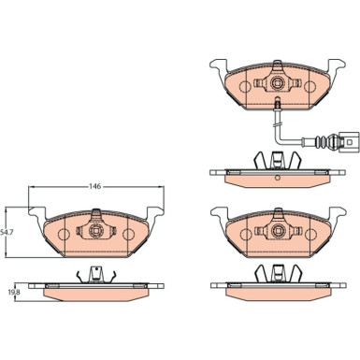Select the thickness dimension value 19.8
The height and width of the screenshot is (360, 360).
(x=13, y=292)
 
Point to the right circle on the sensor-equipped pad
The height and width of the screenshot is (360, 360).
(x=311, y=86)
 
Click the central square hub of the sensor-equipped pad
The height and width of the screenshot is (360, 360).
(x=278, y=85)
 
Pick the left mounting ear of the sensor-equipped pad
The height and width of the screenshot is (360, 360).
(x=217, y=66)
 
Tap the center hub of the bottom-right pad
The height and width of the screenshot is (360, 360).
(x=278, y=229)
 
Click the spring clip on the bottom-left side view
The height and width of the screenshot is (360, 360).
(x=94, y=274)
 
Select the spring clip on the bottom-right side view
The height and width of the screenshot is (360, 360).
(x=278, y=274)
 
